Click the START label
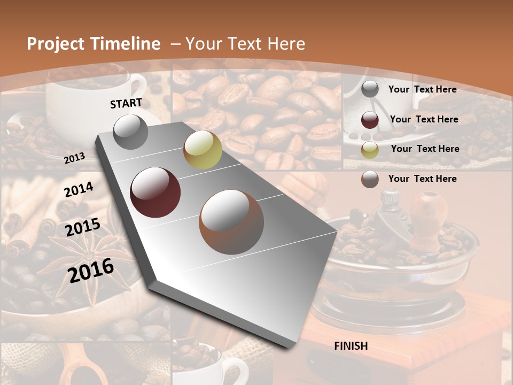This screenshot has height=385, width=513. click(126, 103)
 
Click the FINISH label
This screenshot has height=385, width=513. click(351, 346)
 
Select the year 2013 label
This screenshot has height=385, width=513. click(75, 158)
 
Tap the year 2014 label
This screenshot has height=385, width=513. click(79, 189)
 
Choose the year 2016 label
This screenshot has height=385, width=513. click(91, 270)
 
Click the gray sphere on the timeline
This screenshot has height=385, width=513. click(131, 132)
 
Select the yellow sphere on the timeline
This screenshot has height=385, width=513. click(203, 150)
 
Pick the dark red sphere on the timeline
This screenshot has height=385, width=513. click(156, 192)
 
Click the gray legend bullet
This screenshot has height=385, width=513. click(370, 89)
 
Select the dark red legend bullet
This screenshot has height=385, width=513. click(370, 120)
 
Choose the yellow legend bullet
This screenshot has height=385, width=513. click(370, 150)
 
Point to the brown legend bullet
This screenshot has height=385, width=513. click(370, 179)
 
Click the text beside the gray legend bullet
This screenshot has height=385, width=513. click(422, 89)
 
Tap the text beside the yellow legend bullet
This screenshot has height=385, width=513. click(425, 149)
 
